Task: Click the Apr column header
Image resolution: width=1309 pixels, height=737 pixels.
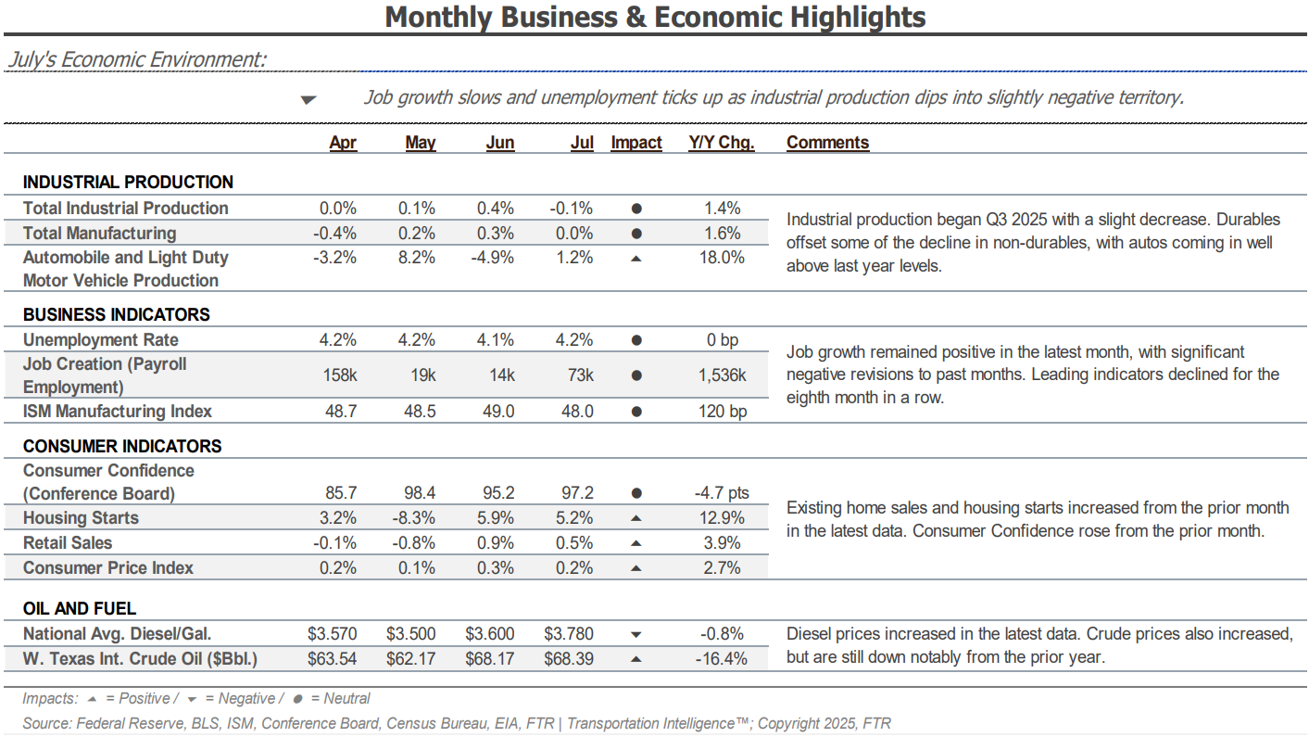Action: (x=343, y=143)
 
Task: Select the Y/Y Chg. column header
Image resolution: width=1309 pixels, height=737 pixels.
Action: (x=722, y=143)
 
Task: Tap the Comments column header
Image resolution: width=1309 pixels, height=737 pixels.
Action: (x=827, y=143)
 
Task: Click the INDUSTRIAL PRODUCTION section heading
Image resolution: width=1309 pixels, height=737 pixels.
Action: (x=128, y=183)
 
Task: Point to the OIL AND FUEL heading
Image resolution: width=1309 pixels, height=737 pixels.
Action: (x=80, y=609)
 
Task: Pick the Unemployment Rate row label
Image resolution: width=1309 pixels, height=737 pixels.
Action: (x=101, y=340)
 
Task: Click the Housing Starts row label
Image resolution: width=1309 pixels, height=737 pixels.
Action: (x=81, y=518)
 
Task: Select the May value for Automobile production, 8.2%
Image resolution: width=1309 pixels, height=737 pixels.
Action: (x=417, y=258)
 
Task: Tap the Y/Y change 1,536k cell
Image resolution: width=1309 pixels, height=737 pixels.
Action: (x=722, y=375)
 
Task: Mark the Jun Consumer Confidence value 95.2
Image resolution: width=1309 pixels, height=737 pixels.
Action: (x=496, y=494)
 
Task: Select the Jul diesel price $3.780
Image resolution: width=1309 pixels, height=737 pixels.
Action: (x=569, y=634)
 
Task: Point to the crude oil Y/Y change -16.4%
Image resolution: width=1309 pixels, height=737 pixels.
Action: (x=722, y=659)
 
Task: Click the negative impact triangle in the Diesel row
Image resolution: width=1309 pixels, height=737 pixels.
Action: (x=636, y=635)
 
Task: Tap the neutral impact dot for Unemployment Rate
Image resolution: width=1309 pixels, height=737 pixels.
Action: (x=636, y=340)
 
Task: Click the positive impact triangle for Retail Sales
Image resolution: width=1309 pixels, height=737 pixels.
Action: (x=636, y=543)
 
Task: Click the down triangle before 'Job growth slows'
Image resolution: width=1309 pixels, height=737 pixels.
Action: (x=308, y=100)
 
